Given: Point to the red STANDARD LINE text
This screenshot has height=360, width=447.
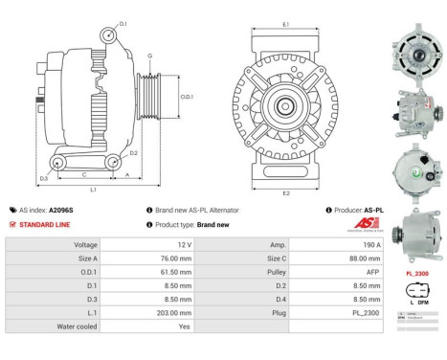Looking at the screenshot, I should [x=44, y=224].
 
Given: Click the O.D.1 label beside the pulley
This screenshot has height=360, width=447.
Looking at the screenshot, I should [x=187, y=96].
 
